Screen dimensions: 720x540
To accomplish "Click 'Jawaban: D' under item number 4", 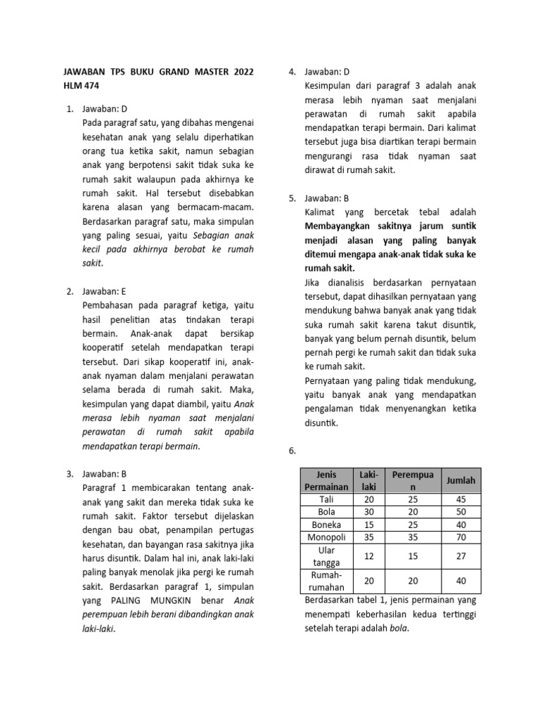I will click(x=327, y=72).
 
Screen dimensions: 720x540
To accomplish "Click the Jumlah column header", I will click(x=461, y=480).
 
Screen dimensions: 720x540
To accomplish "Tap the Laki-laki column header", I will click(x=368, y=480).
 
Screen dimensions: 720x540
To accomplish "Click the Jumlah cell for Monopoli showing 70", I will click(x=461, y=536).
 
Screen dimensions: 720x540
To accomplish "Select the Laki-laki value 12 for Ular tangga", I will click(x=368, y=555).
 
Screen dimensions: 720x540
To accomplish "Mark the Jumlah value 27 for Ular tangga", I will click(x=461, y=555).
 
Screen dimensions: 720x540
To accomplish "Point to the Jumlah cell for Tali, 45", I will click(x=461, y=499).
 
